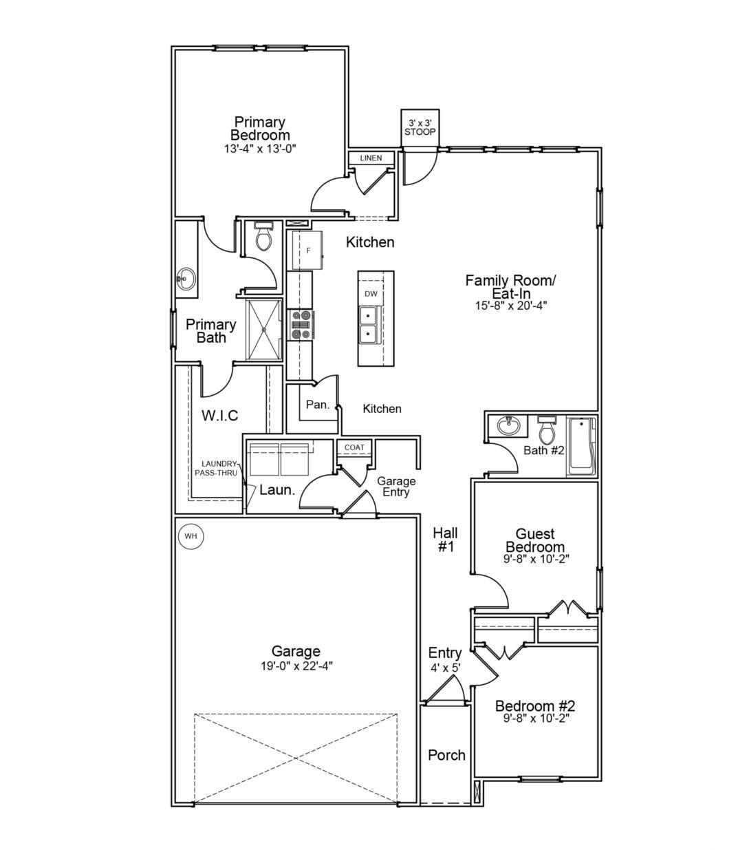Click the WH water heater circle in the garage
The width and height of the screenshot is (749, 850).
(x=191, y=535)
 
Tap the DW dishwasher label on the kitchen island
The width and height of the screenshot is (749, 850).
(x=371, y=294)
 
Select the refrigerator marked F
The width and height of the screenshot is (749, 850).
(x=307, y=250)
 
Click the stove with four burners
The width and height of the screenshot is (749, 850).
(x=301, y=325)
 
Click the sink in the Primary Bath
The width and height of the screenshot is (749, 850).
(x=186, y=279)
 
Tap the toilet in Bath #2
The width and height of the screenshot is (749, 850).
(x=546, y=430)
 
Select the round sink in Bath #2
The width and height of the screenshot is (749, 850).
(x=509, y=427)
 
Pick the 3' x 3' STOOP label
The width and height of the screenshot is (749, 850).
(x=420, y=127)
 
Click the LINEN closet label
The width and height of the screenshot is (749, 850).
(x=371, y=158)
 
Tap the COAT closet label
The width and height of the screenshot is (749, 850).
(x=354, y=447)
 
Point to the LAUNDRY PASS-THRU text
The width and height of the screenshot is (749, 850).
(x=217, y=468)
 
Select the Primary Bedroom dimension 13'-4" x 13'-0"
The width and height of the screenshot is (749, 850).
(x=260, y=149)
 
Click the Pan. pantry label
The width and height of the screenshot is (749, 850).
(x=318, y=405)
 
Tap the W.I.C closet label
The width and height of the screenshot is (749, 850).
(x=220, y=415)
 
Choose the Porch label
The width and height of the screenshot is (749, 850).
(x=446, y=755)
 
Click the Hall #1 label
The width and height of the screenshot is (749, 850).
(x=446, y=540)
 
